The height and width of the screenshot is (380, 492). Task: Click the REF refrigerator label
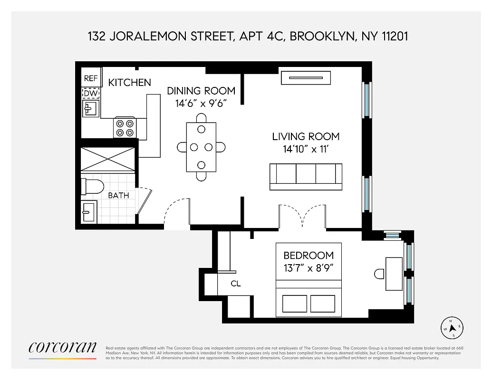90,79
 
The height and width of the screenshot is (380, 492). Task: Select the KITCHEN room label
129,83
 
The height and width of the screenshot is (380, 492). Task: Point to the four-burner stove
124,127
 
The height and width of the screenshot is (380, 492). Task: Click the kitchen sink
90,109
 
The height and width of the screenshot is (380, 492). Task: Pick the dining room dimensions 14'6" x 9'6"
201,104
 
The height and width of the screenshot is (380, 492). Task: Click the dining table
201,147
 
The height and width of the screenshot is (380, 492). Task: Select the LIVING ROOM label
306,137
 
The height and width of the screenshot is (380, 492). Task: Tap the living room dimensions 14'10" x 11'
306,149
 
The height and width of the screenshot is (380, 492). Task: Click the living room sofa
306,176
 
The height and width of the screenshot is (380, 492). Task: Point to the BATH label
118,195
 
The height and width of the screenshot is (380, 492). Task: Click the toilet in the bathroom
92,186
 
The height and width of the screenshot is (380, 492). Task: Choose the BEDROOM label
309,256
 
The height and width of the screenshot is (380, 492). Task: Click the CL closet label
236,284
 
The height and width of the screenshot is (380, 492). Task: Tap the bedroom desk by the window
394,274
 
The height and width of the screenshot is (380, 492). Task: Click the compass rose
453,327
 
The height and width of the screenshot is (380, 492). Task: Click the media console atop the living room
305,78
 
